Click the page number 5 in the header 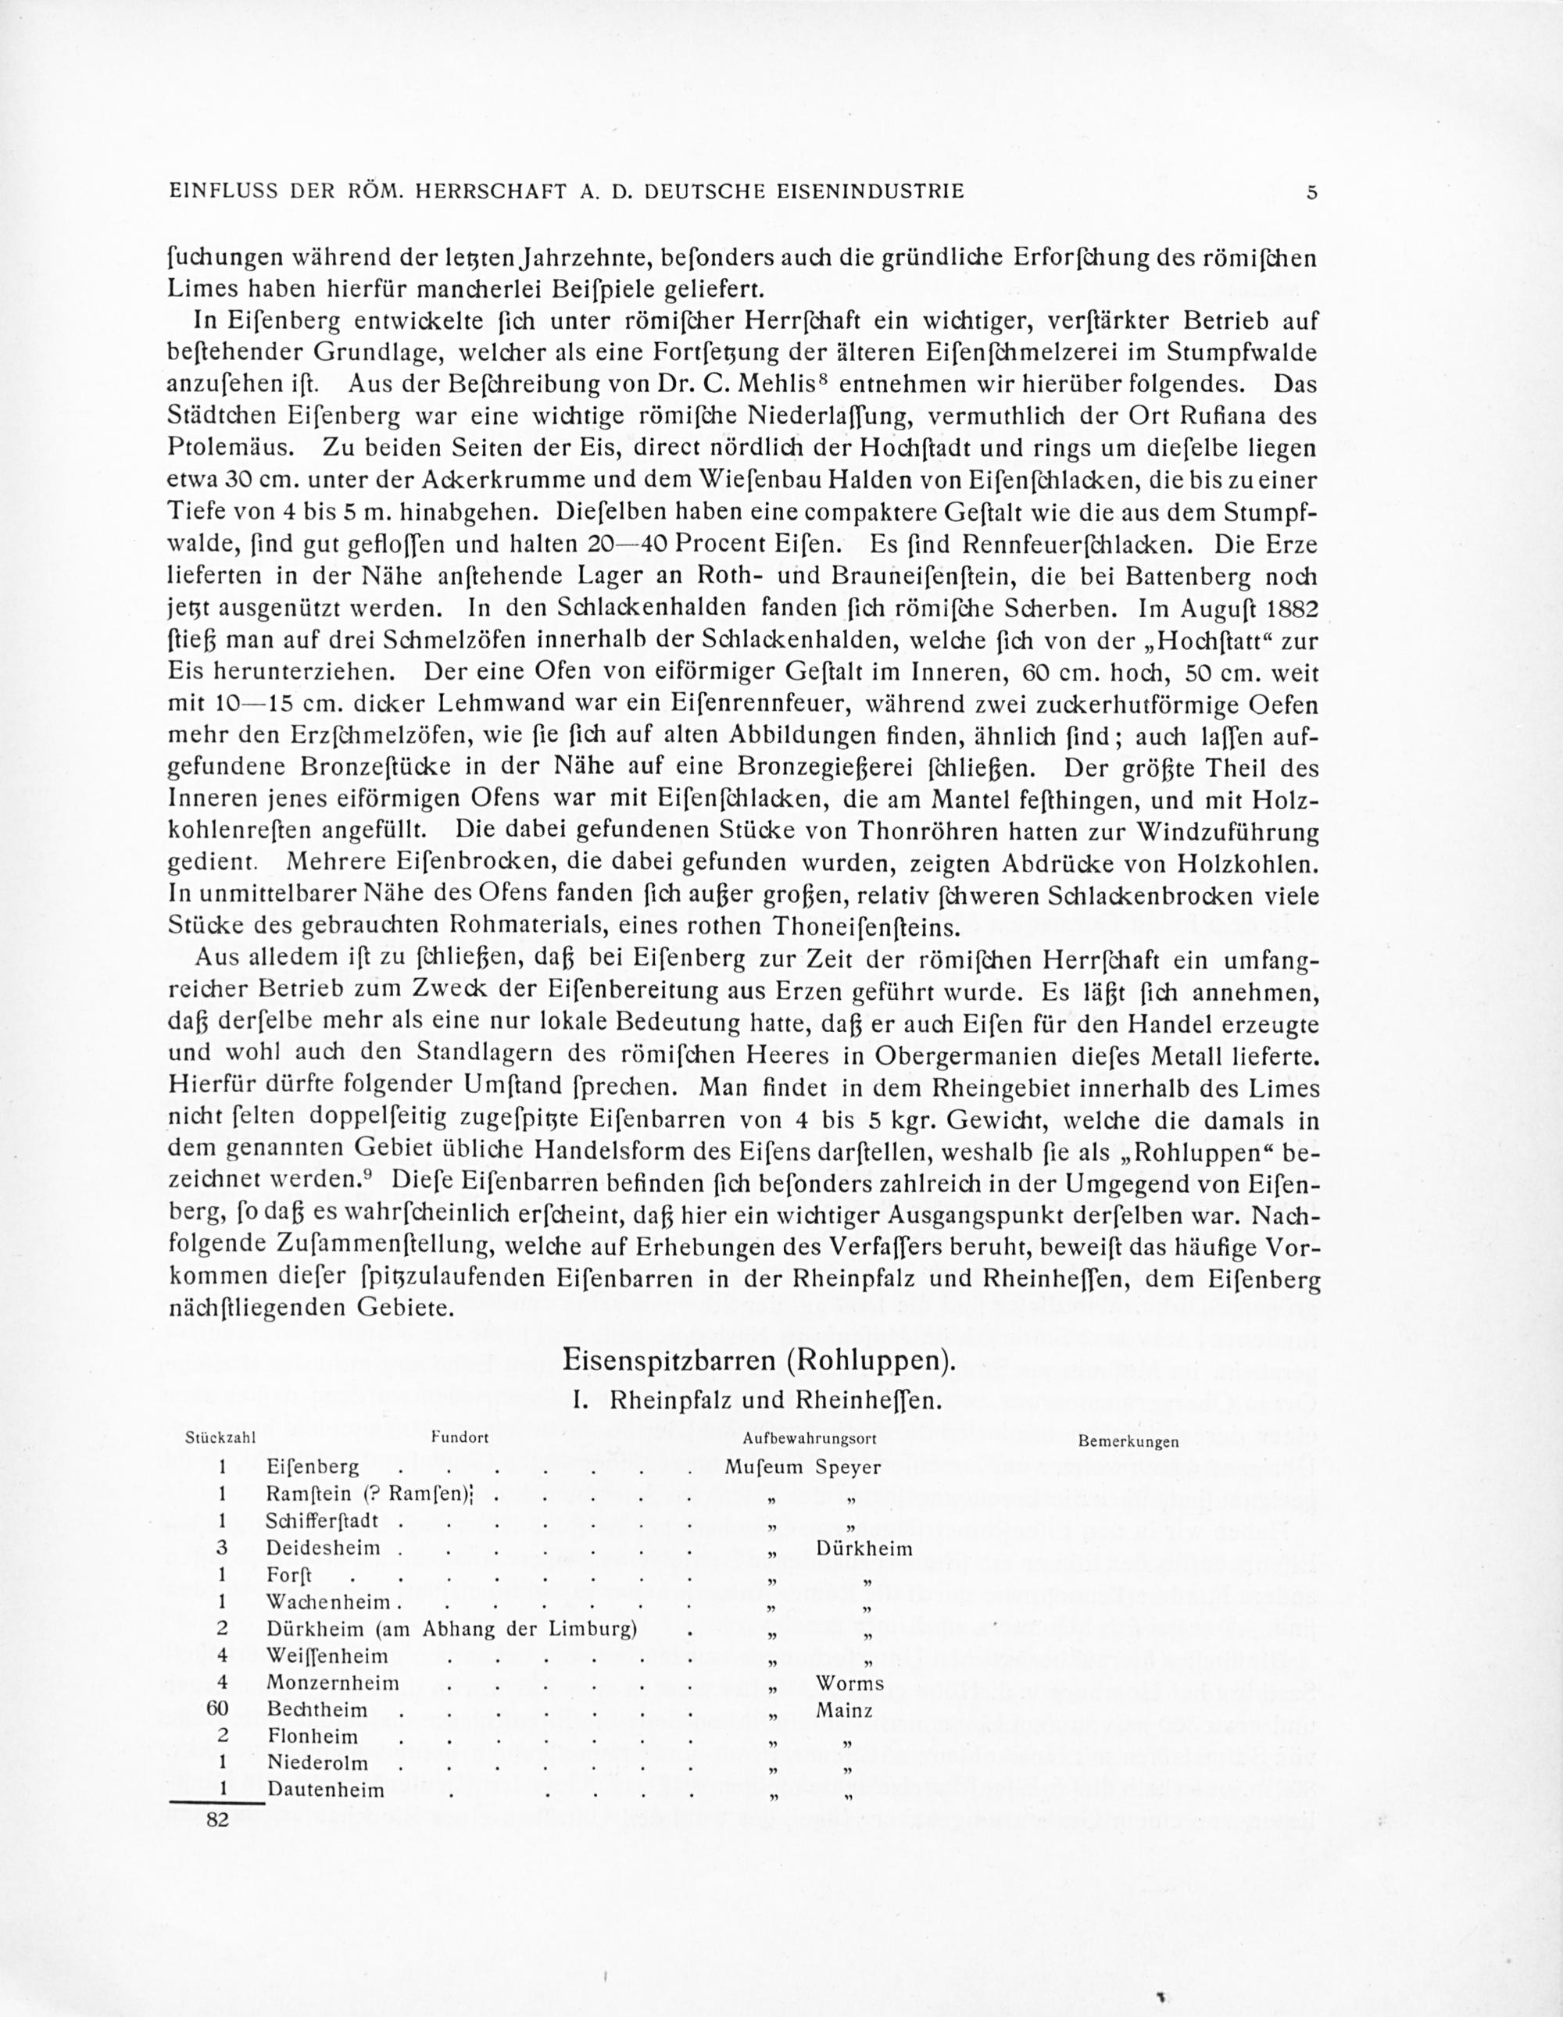click(1311, 192)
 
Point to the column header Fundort click(459, 1438)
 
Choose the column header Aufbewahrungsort click(808, 1438)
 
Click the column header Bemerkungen click(1127, 1440)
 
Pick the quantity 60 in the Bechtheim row click(217, 1709)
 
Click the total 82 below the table click(217, 1820)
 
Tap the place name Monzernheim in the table click(333, 1683)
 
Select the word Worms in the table click(849, 1683)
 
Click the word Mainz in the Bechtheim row click(844, 1710)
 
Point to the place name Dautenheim click(325, 1790)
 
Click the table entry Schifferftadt click(329, 1521)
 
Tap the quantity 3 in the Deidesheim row click(222, 1547)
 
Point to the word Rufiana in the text click(1194, 416)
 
